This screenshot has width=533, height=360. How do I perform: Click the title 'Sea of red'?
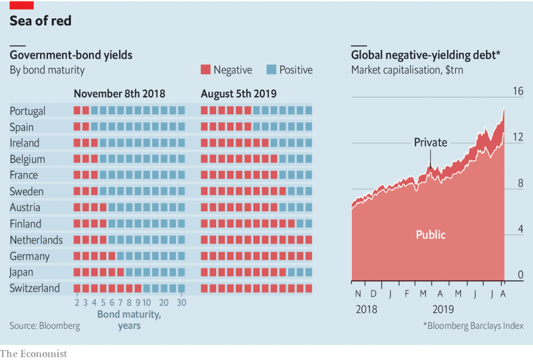point(41,21)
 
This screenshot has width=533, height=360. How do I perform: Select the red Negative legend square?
point(206,70)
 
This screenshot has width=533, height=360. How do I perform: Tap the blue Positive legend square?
point(271,70)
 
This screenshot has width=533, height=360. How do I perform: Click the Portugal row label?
point(28,111)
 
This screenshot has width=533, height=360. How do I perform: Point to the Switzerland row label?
point(35,288)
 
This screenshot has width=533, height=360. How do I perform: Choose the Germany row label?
point(30,256)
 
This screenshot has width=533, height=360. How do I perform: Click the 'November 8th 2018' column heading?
point(119,94)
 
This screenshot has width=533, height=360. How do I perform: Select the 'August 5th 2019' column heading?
point(239,94)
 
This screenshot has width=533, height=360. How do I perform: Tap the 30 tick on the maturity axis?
point(181,303)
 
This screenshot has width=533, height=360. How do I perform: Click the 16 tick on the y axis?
point(518,91)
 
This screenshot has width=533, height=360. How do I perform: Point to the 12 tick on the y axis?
point(518,136)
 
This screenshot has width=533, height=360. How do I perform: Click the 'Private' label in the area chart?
point(430,142)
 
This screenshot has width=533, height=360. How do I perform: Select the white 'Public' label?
point(430,235)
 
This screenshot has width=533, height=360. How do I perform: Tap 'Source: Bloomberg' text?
point(45,326)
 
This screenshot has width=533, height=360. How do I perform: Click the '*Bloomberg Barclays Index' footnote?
point(473,326)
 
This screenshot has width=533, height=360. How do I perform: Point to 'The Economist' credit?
point(34,354)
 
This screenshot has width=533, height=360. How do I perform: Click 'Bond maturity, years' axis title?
point(129,320)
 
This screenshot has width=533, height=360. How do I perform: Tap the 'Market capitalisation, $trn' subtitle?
point(407,70)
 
